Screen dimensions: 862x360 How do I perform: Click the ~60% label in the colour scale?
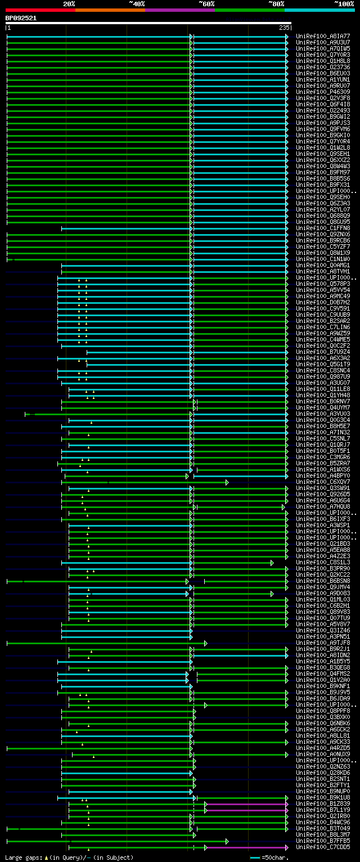click(206, 4)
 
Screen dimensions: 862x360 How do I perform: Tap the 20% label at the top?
click(69, 4)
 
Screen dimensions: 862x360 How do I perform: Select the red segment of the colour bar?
click(40, 10)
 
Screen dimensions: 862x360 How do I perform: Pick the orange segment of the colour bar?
click(110, 10)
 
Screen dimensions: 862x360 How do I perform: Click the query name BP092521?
click(21, 18)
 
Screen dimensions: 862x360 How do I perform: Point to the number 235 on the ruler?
click(283, 28)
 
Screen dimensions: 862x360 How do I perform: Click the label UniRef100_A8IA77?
click(323, 37)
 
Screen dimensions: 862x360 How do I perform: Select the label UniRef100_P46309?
click(323, 92)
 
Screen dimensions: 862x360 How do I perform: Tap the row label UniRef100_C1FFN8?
click(323, 228)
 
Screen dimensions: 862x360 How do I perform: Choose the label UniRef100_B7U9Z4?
click(323, 352)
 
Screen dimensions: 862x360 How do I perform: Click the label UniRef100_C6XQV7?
click(323, 482)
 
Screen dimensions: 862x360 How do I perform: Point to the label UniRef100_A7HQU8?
click(323, 507)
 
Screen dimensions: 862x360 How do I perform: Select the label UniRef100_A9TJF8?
click(323, 643)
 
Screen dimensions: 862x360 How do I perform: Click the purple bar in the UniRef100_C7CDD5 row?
click(246, 847)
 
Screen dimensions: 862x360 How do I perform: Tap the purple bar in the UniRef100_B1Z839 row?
click(246, 804)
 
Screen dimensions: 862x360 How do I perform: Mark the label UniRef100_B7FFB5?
click(323, 841)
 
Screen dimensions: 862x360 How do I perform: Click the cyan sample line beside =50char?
click(255, 857)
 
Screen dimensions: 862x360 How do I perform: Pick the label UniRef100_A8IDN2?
click(323, 656)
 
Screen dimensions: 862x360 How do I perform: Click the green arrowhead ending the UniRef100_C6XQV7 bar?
click(227, 482)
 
